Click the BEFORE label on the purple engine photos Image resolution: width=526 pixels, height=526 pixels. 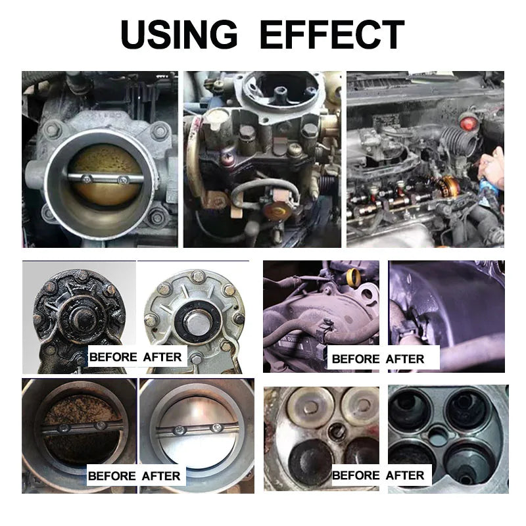point(356,358)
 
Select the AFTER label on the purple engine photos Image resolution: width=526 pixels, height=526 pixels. point(405,358)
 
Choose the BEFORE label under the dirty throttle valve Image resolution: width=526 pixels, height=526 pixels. point(112,475)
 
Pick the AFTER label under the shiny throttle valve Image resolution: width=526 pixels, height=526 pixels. point(162,475)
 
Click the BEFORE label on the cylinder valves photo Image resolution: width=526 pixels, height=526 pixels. point(356,475)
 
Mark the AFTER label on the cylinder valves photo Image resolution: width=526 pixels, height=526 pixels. point(405,475)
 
